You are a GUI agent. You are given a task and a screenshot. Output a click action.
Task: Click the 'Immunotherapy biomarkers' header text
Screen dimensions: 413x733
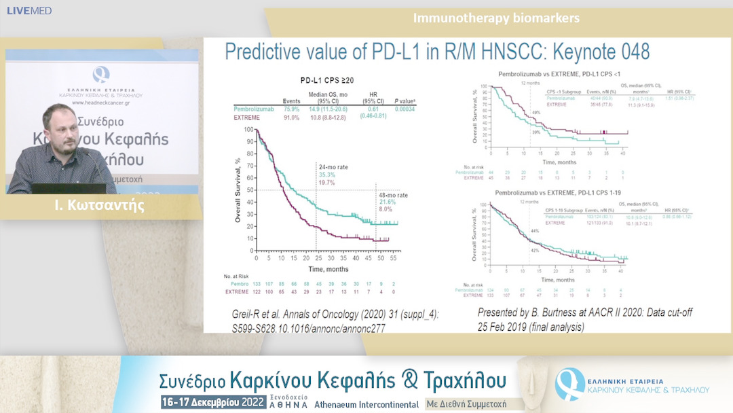[x=496, y=18]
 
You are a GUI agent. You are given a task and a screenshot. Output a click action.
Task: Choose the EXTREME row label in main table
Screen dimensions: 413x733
[x=247, y=118]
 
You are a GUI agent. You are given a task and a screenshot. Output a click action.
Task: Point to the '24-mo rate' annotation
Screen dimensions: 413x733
[x=333, y=166]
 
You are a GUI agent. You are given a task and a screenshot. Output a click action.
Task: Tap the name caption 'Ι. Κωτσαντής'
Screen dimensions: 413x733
[x=100, y=205]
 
